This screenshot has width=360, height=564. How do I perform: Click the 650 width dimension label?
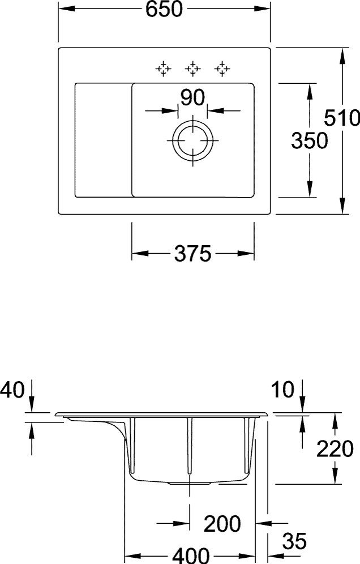click(164, 9)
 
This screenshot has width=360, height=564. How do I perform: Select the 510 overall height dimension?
click(342, 118)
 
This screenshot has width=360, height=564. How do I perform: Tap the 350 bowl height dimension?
click(309, 140)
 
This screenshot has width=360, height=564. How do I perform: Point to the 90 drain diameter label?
click(193, 98)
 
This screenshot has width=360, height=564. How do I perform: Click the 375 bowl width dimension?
click(192, 254)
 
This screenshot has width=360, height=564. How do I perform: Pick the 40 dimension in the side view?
click(12, 390)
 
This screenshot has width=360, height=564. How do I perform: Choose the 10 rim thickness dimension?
click(283, 390)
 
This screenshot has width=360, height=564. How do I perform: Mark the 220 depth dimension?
click(335, 448)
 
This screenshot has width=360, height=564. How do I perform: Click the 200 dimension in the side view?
click(222, 524)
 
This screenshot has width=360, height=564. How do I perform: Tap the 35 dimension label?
click(294, 541)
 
